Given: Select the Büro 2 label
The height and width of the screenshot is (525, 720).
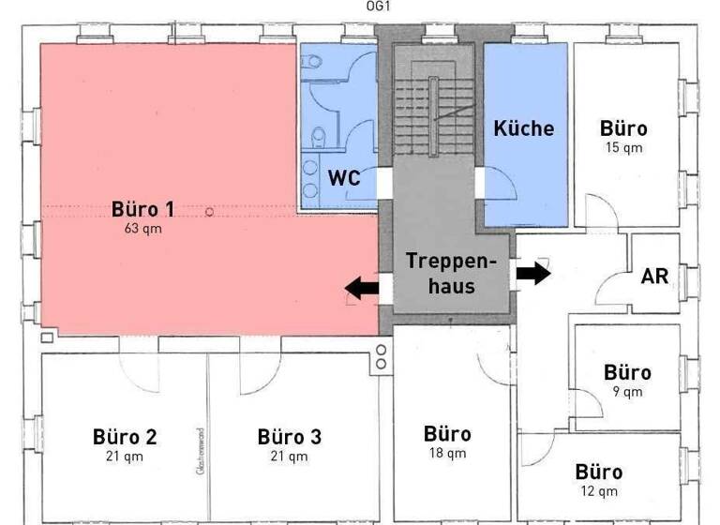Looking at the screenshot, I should tap(125, 437).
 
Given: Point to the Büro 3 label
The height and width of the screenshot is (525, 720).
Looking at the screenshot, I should tap(289, 437).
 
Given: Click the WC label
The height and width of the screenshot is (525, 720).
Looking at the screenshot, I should tap(344, 176).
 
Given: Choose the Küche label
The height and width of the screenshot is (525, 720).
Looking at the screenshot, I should tap(524, 128).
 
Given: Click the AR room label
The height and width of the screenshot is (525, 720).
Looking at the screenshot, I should tap(654, 277).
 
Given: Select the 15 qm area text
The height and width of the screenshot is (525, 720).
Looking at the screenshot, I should tap(622, 147).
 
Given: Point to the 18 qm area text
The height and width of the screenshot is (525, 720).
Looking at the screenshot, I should tap(447, 454).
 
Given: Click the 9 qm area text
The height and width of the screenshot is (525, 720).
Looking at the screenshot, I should tap(627, 392).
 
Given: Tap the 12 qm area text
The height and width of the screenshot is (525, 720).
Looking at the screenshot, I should tap(599, 490).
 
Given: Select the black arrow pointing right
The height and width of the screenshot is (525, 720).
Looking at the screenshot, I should tap(533, 274).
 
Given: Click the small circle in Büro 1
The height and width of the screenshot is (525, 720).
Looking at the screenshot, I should tap(210, 212).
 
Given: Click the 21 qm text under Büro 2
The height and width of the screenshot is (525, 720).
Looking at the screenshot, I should tap(125, 457).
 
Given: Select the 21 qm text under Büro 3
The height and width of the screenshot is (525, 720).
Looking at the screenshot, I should tap(289, 457).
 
